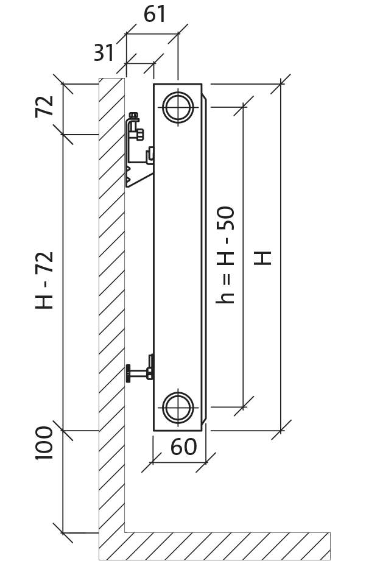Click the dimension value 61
(155, 15)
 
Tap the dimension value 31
(104, 52)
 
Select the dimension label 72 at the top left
(44, 107)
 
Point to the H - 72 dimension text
(44, 280)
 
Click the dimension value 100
(44, 443)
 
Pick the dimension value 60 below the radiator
(183, 446)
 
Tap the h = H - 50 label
(225, 255)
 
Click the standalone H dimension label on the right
(262, 258)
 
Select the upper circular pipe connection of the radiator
(178, 107)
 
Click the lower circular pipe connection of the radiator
(178, 408)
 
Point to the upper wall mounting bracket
(139, 150)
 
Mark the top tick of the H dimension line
(281, 84)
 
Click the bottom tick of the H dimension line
(281, 430)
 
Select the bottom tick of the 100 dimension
(63, 533)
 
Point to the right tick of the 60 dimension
(206, 462)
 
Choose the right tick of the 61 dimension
(178, 34)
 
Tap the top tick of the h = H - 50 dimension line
(244, 106)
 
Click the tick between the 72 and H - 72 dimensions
(63, 135)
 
